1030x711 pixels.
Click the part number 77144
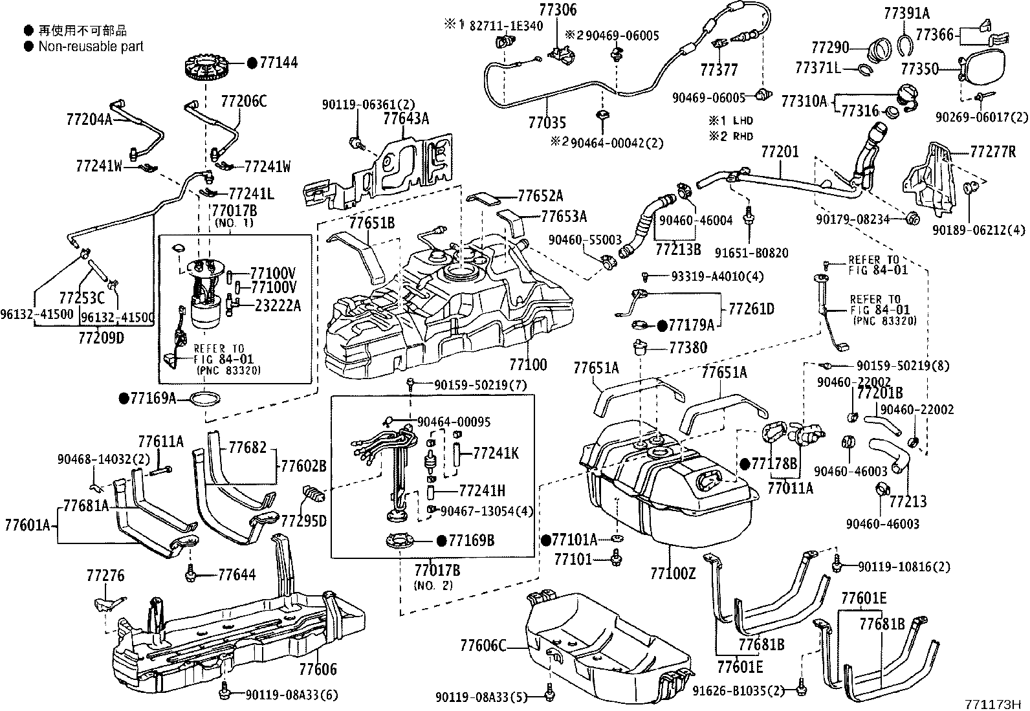(x=279, y=63)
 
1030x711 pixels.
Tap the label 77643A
(x=406, y=118)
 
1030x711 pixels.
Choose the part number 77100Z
(x=673, y=573)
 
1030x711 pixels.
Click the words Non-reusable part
(x=91, y=47)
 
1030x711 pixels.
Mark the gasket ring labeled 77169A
(x=204, y=399)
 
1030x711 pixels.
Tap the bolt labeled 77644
(x=190, y=574)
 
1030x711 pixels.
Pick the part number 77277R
(x=992, y=151)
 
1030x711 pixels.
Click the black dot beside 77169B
(x=441, y=541)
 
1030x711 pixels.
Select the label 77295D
(x=303, y=521)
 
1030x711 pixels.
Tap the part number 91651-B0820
(x=751, y=252)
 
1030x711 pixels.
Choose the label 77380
(x=688, y=347)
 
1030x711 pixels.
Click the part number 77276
(x=105, y=575)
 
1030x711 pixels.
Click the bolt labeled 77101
(x=616, y=558)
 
